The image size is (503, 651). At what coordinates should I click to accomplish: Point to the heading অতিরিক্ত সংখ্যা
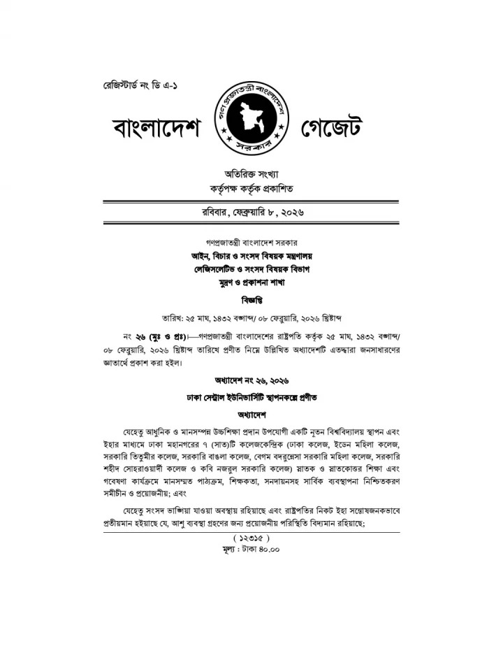click(251, 173)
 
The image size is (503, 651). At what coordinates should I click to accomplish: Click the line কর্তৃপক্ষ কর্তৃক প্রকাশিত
click(251, 189)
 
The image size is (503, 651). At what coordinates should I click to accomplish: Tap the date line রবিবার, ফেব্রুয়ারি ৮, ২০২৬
click(251, 211)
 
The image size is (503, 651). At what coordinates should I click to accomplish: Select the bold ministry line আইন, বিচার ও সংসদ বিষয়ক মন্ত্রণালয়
click(251, 256)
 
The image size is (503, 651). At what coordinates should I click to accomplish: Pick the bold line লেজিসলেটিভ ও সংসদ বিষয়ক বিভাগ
click(251, 270)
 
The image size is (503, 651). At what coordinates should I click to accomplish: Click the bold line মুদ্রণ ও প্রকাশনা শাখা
click(251, 284)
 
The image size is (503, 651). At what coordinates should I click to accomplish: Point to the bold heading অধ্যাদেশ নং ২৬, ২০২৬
click(251, 380)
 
